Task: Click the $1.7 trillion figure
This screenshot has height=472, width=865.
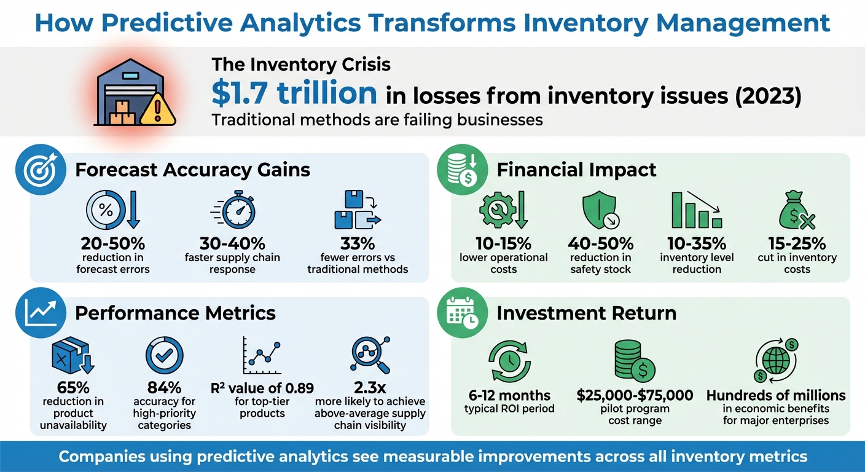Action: [x=294, y=93]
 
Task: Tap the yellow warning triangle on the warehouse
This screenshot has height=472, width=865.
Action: [x=158, y=111]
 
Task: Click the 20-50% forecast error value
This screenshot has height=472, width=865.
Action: [x=112, y=243]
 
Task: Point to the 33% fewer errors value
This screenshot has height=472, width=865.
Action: [x=357, y=243]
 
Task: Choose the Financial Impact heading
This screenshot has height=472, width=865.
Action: [x=576, y=170]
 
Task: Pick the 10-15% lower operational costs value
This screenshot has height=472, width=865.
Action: [x=504, y=243]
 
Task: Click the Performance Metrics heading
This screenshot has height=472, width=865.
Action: [x=175, y=313]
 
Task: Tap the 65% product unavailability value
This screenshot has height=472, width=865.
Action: [x=72, y=388]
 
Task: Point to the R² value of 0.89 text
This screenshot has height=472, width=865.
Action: [x=262, y=388]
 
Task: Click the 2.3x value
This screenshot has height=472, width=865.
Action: [x=369, y=388]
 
